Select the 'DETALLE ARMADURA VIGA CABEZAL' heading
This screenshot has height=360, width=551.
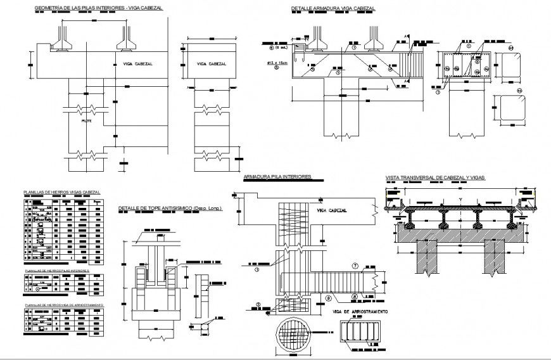click(x=332, y=9)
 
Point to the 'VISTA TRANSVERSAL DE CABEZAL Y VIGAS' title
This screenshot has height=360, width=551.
click(x=436, y=178)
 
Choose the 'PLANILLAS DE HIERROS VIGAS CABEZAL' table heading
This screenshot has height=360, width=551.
click(x=61, y=192)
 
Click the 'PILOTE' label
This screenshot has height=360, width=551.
click(x=87, y=120)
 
